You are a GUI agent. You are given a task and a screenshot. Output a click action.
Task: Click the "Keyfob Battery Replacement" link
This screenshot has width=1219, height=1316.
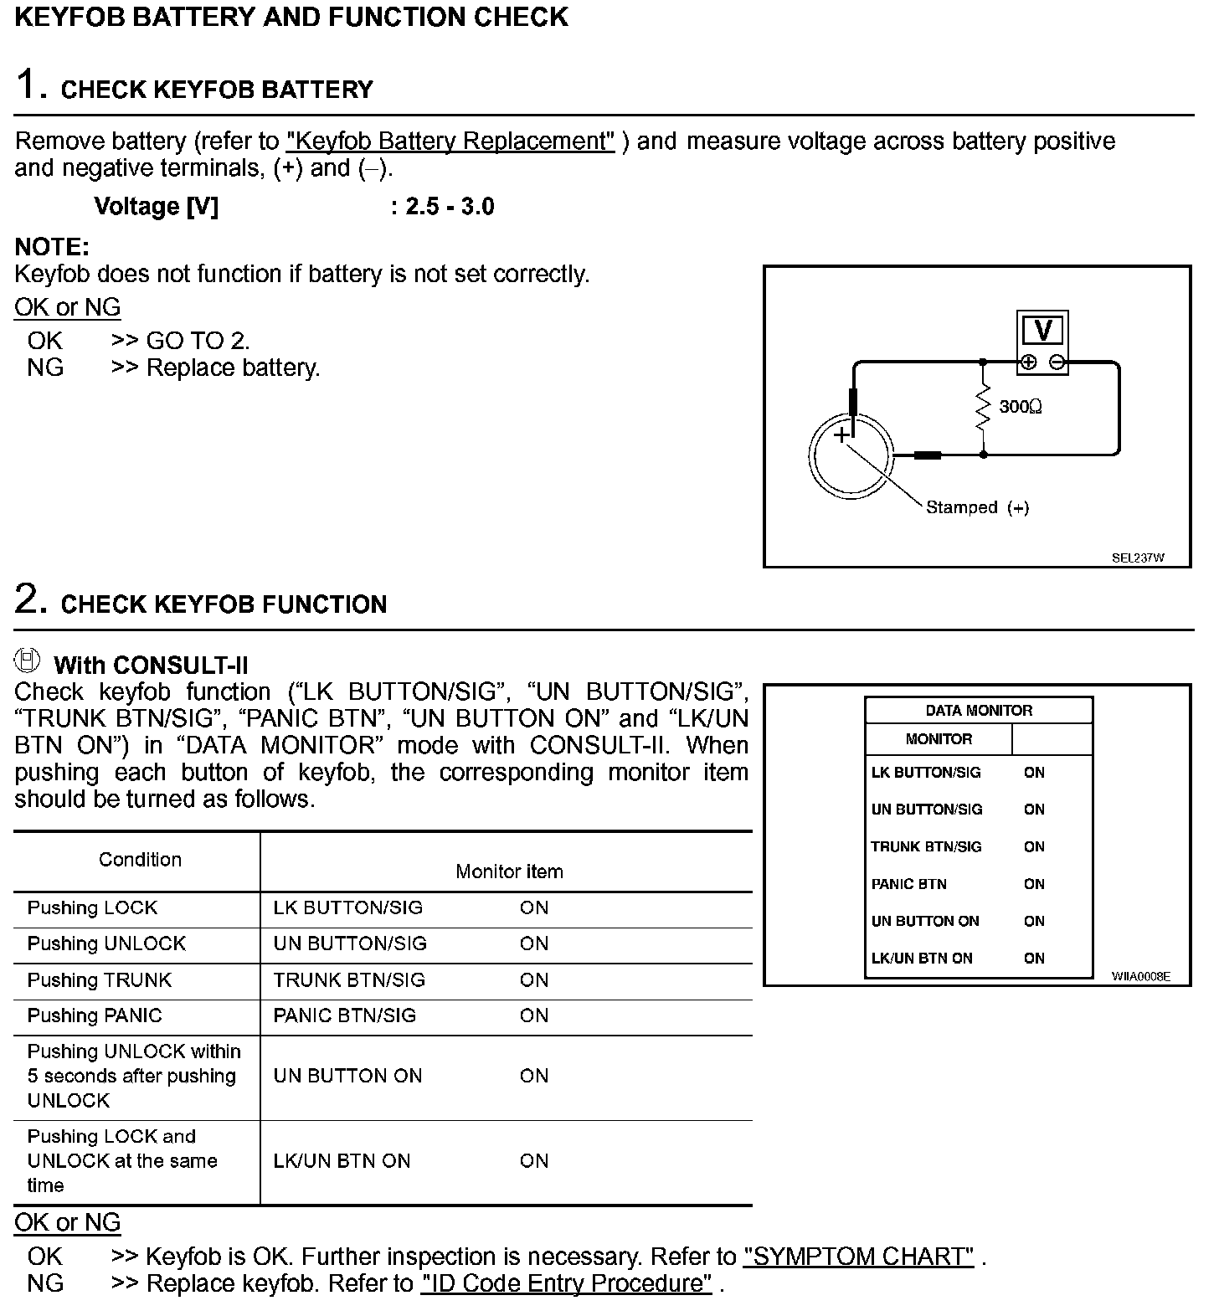[450, 141]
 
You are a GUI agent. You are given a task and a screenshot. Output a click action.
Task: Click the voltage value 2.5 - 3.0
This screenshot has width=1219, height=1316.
[450, 206]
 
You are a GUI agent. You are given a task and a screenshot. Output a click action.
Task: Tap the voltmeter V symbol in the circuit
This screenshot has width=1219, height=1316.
[1042, 332]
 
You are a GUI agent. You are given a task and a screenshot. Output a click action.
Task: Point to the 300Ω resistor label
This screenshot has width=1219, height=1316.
[1021, 407]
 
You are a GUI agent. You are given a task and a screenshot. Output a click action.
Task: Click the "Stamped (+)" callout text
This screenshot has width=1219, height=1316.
[977, 507]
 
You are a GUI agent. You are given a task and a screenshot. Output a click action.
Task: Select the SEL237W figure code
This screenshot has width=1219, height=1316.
[1138, 558]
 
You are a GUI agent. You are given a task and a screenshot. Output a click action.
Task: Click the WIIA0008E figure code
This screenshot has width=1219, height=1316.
[1140, 976]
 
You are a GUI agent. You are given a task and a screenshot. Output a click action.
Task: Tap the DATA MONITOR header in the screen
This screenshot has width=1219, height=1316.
[979, 711]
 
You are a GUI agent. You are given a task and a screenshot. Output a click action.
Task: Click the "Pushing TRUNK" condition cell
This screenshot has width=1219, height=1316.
[100, 979]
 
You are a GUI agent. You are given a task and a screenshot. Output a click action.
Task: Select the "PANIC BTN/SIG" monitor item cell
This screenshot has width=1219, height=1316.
[344, 1015]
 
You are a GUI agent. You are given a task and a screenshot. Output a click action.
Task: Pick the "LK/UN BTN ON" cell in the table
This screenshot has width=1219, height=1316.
[342, 1161]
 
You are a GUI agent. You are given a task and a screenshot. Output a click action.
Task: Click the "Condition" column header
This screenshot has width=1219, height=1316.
[140, 860]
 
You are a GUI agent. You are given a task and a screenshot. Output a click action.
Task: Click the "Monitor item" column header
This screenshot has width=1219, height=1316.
[509, 871]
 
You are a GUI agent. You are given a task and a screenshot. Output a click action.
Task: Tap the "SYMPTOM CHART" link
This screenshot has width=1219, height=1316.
[858, 1257]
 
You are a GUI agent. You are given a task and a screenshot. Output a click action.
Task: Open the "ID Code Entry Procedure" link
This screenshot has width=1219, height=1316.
[567, 1283]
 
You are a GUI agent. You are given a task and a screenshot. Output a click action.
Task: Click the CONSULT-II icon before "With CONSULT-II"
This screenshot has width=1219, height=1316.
[28, 661]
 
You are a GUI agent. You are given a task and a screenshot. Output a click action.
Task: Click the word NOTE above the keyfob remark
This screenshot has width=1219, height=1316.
[52, 247]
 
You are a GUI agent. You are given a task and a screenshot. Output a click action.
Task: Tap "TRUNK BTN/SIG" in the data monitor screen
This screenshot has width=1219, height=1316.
[926, 846]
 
